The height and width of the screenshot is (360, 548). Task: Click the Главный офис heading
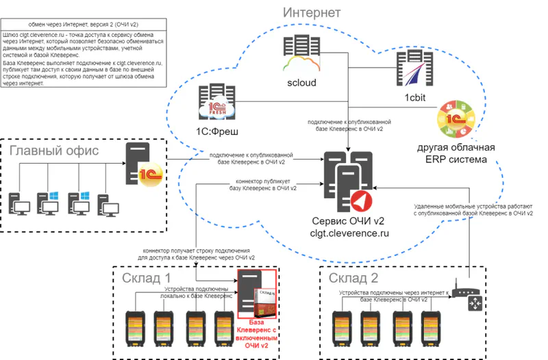tap(55, 150)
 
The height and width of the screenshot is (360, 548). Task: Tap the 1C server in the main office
tap(142, 164)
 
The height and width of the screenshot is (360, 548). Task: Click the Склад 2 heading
tap(353, 279)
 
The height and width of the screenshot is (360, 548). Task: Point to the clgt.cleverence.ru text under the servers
tap(349, 233)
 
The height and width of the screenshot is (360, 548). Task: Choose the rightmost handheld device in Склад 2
tap(429, 328)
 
